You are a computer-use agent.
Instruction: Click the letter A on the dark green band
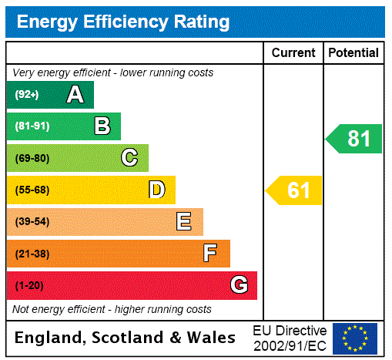[75, 95]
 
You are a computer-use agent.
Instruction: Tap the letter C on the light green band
[129, 158]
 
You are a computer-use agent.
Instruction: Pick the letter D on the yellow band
[157, 190]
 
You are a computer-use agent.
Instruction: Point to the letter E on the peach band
[184, 222]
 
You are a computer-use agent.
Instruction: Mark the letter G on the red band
[239, 285]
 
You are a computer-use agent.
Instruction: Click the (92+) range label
[27, 95]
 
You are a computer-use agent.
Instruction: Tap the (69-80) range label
[32, 158]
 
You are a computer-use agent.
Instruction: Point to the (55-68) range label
[32, 190]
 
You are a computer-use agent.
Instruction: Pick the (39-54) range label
[32, 222]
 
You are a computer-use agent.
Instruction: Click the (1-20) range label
[29, 286]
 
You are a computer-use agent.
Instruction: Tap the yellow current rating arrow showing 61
[295, 190]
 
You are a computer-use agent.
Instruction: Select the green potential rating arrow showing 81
[354, 139]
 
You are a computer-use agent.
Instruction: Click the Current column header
[293, 53]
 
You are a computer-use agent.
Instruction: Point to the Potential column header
[353, 53]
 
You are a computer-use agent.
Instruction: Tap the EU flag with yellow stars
[355, 338]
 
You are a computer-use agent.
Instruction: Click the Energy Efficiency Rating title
[123, 22]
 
